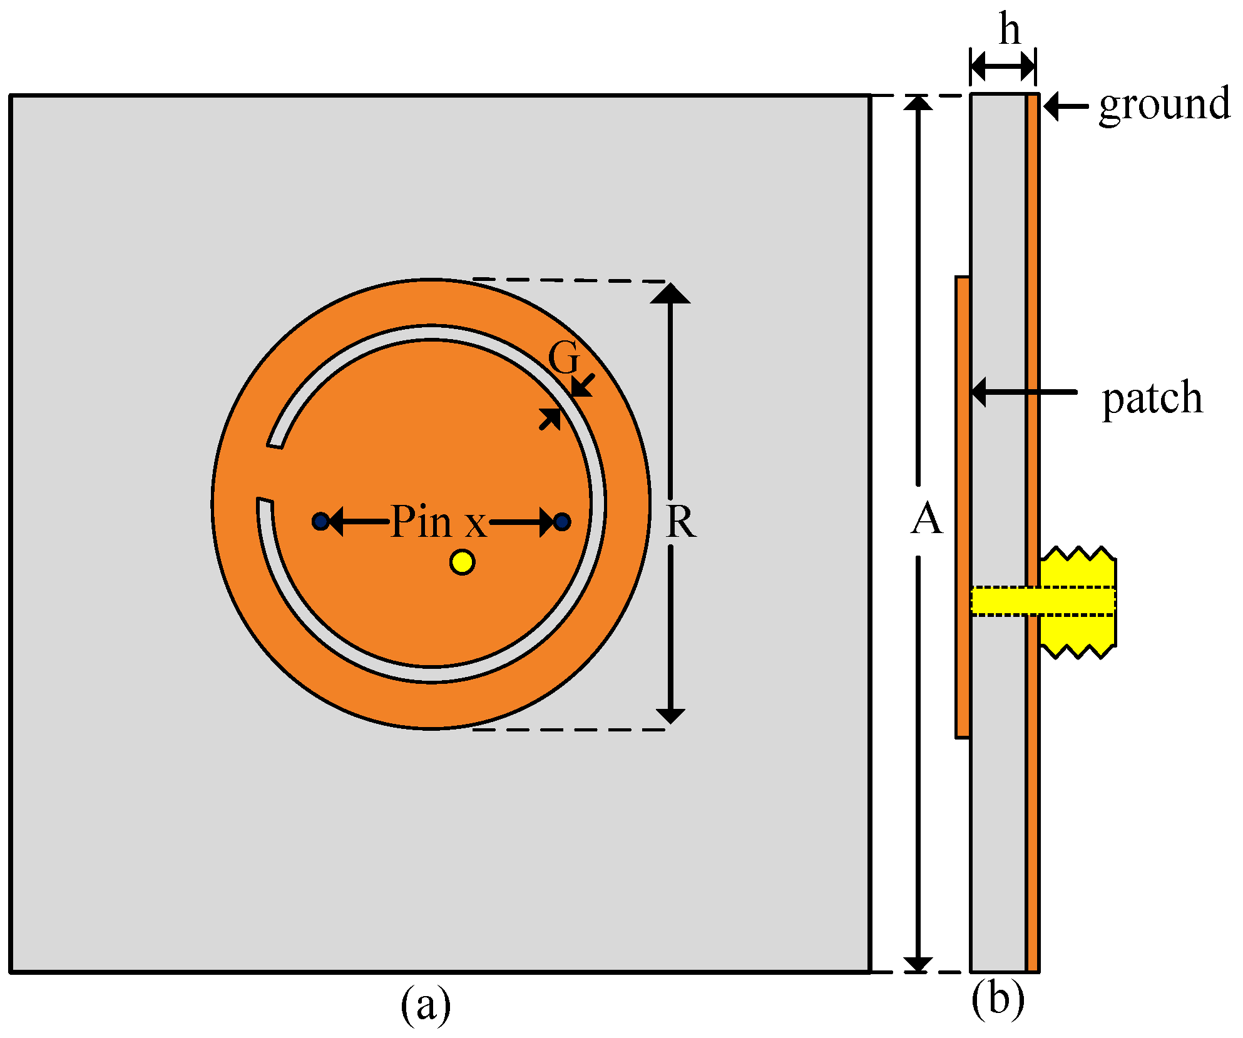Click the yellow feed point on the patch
(x=462, y=562)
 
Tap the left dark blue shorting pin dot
(x=320, y=521)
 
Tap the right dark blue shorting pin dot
(x=562, y=521)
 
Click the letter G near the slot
(x=564, y=359)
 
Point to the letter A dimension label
(x=926, y=519)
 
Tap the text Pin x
(x=438, y=521)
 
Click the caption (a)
(x=426, y=1005)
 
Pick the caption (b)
(x=998, y=999)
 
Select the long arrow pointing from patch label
(x=1026, y=392)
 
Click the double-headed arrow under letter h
(x=1003, y=65)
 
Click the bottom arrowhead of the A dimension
(x=918, y=964)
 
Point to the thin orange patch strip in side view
(x=963, y=507)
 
